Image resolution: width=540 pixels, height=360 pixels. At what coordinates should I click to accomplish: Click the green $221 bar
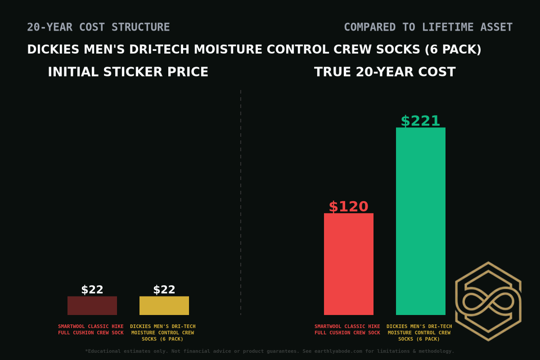tap(420, 221)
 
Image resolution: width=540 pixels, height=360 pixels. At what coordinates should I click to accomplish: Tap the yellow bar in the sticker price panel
tap(164, 306)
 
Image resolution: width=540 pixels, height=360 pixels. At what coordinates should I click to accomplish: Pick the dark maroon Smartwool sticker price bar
tap(92, 306)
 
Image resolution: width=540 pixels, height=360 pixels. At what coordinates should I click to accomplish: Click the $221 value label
tap(420, 121)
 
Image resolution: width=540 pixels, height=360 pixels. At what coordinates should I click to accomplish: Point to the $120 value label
tap(348, 207)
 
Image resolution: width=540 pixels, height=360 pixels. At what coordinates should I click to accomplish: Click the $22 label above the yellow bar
tap(164, 290)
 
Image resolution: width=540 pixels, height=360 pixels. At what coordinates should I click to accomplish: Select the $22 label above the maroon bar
tap(92, 290)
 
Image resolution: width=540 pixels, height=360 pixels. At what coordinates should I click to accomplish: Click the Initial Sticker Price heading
tap(128, 72)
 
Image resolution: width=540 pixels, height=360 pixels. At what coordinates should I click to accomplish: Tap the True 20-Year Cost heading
tap(385, 72)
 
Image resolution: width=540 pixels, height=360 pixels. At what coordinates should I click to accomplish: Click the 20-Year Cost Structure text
tap(98, 27)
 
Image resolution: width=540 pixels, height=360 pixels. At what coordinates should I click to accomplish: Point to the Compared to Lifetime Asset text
tap(428, 27)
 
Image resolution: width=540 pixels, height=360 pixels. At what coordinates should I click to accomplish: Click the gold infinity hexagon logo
tap(488, 301)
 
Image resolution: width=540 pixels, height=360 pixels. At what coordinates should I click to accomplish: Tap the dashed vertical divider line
tap(241, 202)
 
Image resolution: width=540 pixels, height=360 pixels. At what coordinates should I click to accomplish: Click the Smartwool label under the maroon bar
tap(90, 329)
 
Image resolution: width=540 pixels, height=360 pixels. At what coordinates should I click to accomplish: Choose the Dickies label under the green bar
tap(419, 333)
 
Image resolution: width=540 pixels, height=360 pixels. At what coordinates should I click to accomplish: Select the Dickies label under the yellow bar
tap(162, 333)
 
